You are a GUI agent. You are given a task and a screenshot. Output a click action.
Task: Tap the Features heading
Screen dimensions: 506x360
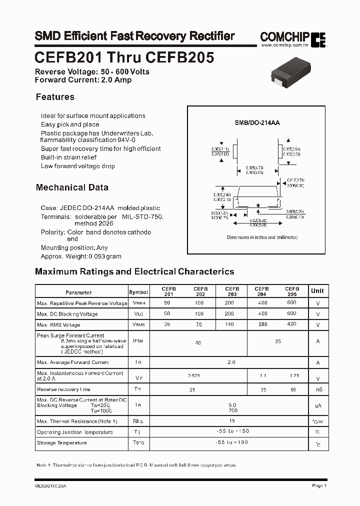(x=55, y=97)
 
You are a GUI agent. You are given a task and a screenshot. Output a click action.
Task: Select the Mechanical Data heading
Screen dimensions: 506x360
(x=72, y=187)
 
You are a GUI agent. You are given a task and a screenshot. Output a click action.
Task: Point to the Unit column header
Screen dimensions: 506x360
(x=317, y=291)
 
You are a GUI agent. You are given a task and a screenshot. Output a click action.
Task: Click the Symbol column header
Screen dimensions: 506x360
(x=138, y=292)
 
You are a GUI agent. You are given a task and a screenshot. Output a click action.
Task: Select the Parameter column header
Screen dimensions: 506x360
(x=78, y=292)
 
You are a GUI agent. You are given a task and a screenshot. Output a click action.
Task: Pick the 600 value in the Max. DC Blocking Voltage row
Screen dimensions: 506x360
(x=291, y=313)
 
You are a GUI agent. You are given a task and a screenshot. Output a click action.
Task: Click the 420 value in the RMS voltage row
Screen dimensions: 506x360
(x=291, y=324)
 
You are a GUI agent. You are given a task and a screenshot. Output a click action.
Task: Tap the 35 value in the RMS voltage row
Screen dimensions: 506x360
(x=167, y=324)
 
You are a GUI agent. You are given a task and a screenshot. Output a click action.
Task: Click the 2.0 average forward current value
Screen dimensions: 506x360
(x=231, y=362)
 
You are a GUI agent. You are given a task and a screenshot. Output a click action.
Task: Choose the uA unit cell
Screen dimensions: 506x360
(x=317, y=406)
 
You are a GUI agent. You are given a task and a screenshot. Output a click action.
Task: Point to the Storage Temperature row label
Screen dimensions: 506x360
(x=62, y=443)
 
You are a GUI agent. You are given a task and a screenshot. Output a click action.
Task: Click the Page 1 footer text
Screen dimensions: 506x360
(x=319, y=485)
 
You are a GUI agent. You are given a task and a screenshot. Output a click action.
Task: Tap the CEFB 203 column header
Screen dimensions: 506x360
(x=231, y=291)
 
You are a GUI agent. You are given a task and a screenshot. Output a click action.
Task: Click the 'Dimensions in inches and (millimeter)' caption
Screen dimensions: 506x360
(x=262, y=237)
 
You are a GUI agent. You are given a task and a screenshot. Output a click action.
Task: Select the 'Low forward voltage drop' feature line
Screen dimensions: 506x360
(x=78, y=166)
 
